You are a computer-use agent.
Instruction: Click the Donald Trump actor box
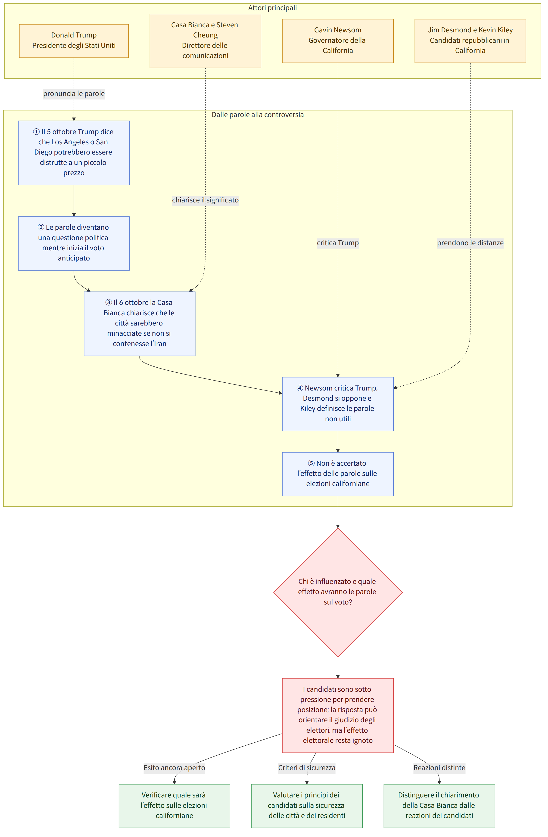click(74, 41)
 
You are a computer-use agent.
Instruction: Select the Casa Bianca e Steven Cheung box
click(205, 41)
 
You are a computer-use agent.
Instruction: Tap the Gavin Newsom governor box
click(338, 41)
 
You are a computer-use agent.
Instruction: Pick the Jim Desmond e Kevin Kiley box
click(470, 41)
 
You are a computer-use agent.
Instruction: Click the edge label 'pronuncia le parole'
click(74, 93)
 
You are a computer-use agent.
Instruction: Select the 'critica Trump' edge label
click(338, 243)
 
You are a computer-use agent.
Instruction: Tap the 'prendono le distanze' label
click(470, 243)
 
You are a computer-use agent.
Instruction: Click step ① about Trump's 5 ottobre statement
click(74, 153)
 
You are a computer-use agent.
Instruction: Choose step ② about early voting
click(74, 243)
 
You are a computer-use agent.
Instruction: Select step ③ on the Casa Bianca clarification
click(140, 324)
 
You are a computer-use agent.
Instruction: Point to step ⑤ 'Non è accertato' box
click(338, 474)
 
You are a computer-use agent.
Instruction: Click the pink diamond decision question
click(338, 592)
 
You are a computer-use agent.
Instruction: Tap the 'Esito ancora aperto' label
click(174, 767)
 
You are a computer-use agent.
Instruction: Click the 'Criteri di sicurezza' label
click(307, 767)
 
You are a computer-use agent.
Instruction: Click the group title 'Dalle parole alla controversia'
click(258, 115)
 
